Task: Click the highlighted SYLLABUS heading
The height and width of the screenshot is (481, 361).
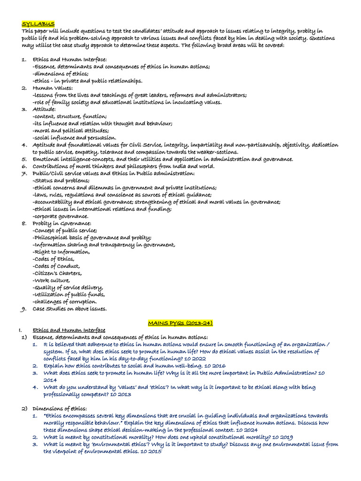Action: [38, 24]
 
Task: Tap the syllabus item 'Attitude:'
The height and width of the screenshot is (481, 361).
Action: [44, 109]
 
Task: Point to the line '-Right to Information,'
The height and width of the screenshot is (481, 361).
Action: [61, 252]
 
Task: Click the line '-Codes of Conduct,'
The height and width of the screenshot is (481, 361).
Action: [56, 266]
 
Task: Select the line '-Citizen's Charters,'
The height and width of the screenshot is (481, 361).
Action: [57, 273]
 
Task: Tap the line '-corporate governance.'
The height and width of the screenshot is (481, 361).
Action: [61, 216]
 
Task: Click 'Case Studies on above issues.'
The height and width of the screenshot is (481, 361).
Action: [70, 309]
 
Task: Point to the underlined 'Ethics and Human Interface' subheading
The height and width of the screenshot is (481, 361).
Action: [69, 330]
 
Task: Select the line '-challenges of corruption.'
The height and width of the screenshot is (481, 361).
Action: [65, 302]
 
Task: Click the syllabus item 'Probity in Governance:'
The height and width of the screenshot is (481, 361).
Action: [62, 223]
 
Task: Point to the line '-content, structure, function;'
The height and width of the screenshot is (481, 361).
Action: [70, 116]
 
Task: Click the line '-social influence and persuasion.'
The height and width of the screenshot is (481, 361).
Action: [74, 138]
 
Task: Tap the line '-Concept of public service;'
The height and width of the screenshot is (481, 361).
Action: [65, 230]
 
